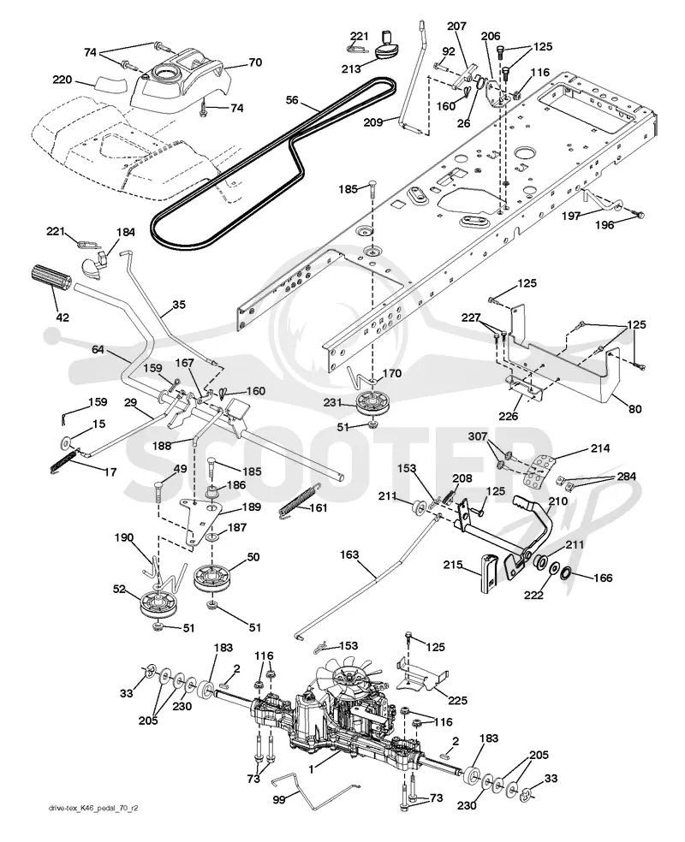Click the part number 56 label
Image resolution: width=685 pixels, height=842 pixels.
tap(292, 100)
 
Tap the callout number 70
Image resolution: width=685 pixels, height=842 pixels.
tap(255, 62)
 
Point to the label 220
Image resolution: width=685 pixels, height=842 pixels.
tap(63, 80)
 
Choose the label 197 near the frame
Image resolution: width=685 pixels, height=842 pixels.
tap(570, 216)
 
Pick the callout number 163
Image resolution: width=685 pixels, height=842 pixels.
tap(349, 554)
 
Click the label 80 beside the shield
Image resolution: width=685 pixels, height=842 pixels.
tap(635, 409)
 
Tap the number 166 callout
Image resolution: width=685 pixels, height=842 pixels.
tap(603, 578)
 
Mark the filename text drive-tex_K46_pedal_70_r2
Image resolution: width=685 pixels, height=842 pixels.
tap(92, 822)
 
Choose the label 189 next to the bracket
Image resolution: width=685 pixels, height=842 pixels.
tap(251, 507)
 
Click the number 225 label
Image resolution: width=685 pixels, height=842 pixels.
tap(457, 700)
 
